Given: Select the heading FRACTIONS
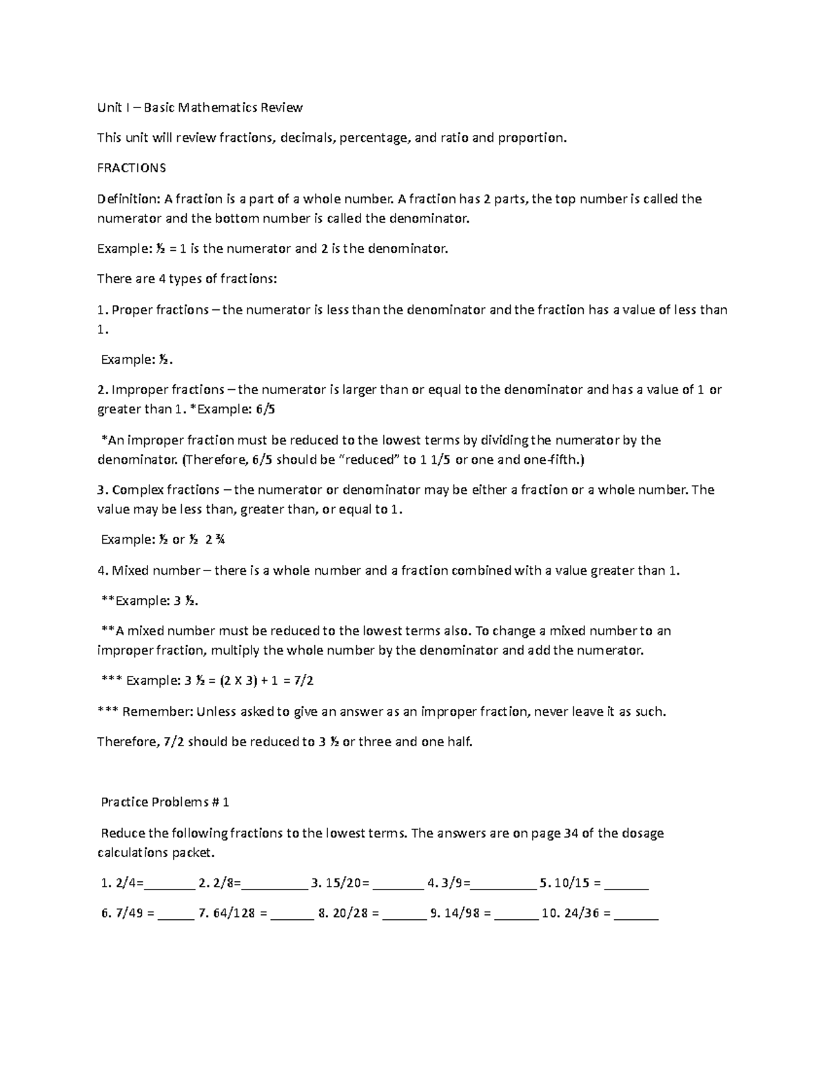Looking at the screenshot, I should click(132, 168).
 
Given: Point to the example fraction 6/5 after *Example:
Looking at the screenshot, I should click(266, 409).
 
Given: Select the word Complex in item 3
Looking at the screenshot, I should click(132, 490).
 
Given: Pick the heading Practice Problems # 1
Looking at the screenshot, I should click(165, 802).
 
